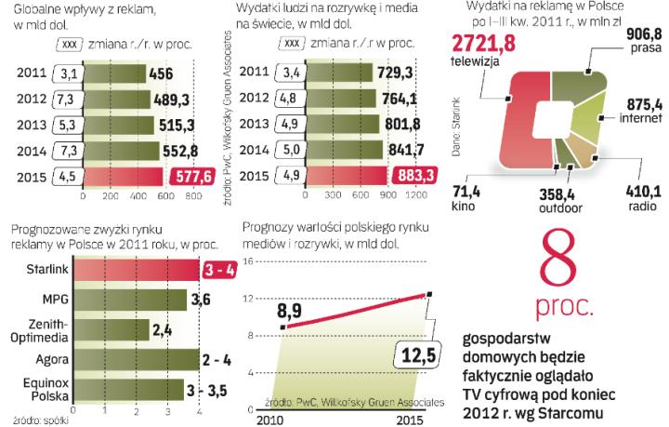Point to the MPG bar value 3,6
(201, 300)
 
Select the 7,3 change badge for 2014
(66, 151)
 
